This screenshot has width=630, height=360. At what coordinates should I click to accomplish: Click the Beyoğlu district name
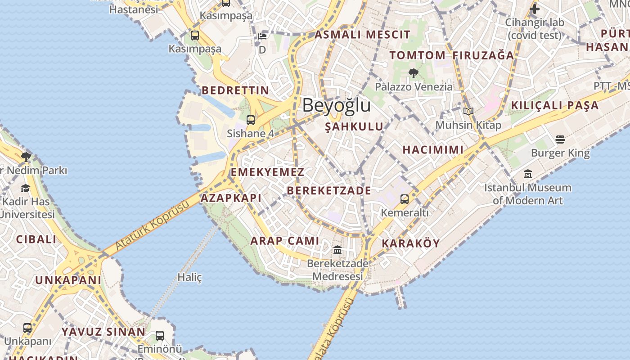[336, 105]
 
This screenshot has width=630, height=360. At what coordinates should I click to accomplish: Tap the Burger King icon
[560, 139]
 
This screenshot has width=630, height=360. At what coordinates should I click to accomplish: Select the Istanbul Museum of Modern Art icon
[528, 174]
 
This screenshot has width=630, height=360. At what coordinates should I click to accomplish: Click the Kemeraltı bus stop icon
[405, 199]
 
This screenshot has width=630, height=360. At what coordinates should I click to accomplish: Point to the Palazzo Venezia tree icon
[413, 73]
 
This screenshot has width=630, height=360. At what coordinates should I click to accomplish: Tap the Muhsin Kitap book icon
[468, 111]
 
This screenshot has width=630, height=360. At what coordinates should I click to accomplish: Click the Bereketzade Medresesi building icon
[337, 250]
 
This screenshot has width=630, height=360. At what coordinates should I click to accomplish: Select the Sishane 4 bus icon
[251, 120]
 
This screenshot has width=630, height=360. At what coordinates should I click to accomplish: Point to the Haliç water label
[189, 277]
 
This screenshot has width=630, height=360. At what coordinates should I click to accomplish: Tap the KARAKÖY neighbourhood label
[410, 243]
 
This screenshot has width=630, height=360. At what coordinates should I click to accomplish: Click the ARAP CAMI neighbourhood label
[284, 241]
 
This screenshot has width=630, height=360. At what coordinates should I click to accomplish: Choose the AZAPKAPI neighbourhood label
[231, 198]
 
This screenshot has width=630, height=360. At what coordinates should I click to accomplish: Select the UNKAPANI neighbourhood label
[68, 280]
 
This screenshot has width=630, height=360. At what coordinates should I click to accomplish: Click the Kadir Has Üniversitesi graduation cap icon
[25, 188]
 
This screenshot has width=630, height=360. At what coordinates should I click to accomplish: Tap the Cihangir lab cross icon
[534, 9]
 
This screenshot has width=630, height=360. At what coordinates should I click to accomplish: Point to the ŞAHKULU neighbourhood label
[354, 127]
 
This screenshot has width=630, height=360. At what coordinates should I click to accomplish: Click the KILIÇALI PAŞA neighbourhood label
[554, 105]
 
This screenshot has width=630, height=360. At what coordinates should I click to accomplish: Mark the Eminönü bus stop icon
[160, 335]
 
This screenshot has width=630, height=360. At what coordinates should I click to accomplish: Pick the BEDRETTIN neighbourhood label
[235, 90]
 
